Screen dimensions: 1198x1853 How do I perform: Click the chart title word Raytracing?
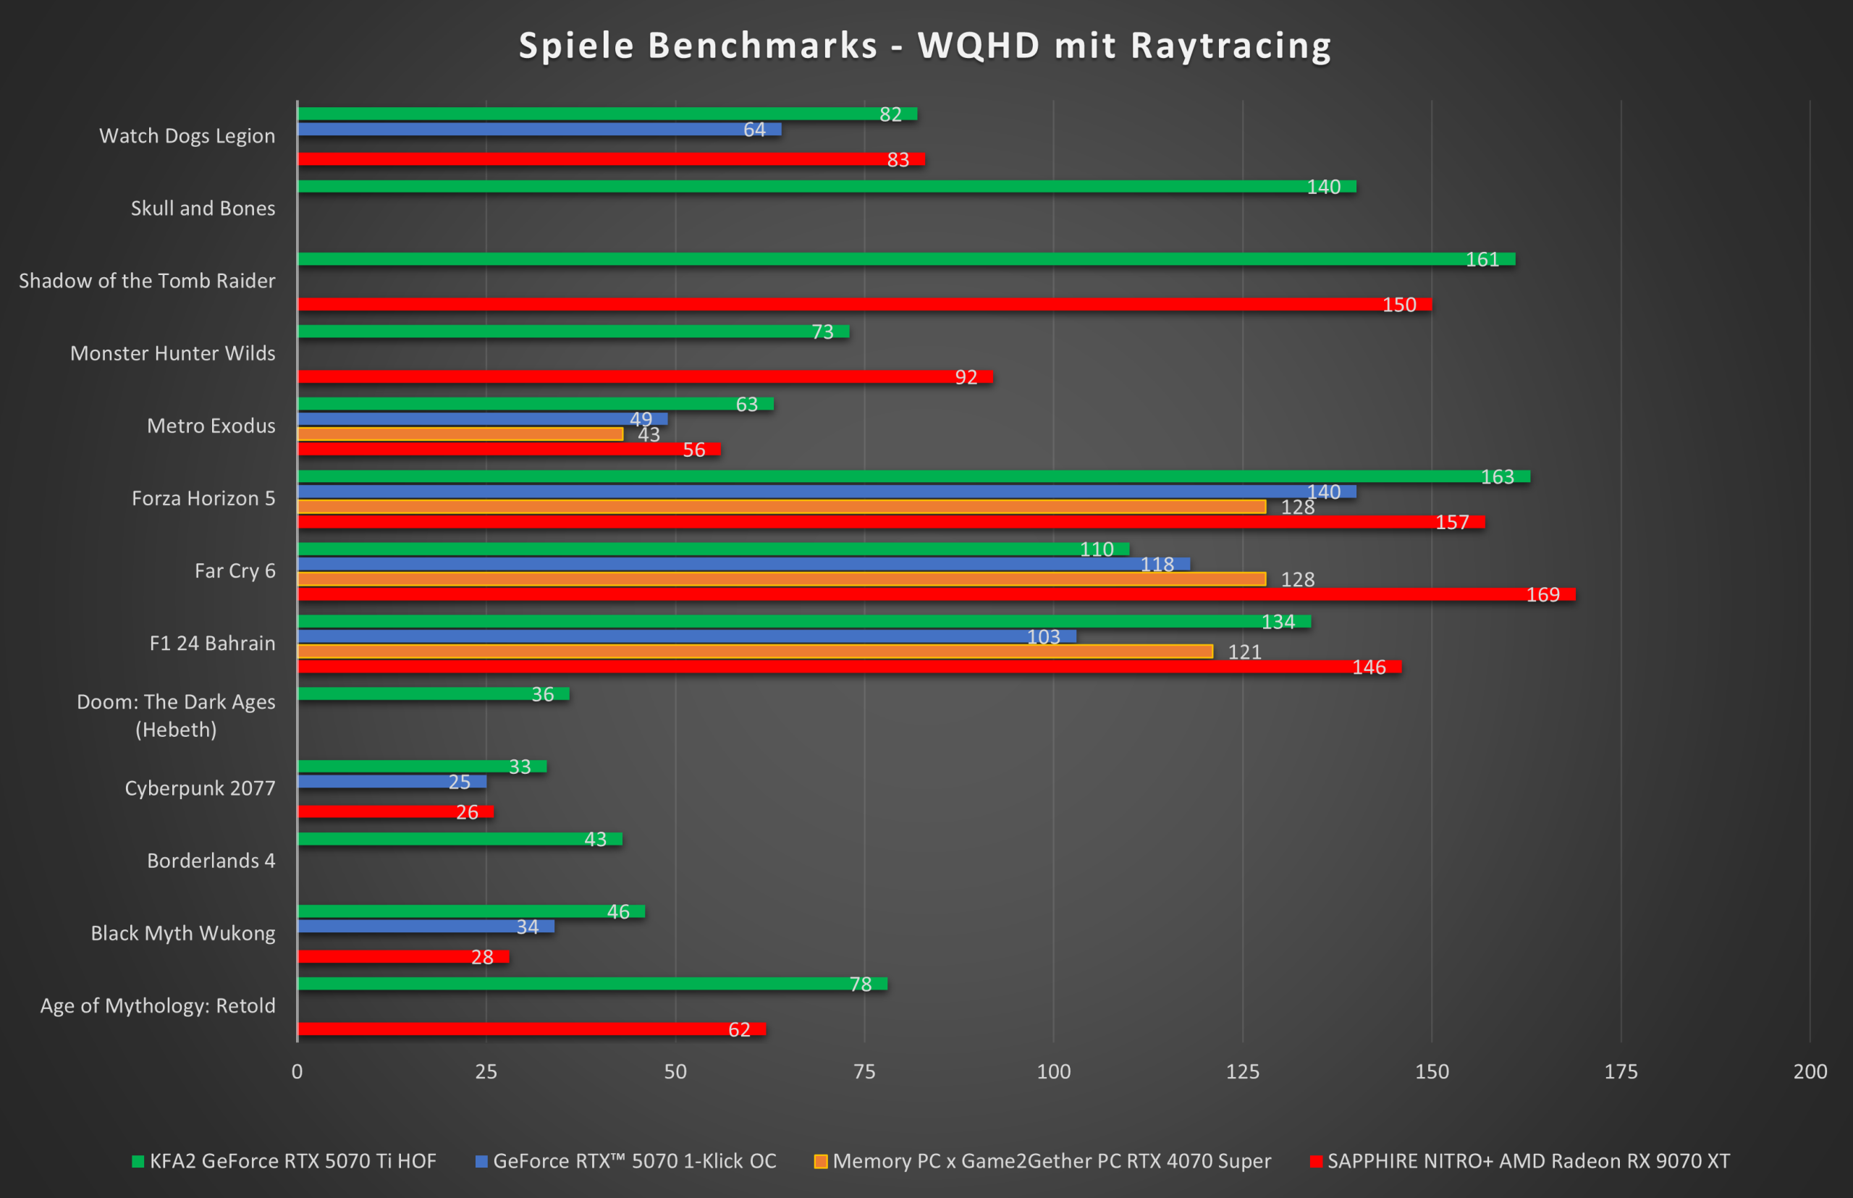1231,45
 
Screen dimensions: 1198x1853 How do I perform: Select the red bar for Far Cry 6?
934,594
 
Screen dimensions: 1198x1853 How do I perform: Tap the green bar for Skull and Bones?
824,187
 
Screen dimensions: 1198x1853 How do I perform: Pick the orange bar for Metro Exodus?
460,434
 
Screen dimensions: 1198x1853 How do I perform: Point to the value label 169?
1542,594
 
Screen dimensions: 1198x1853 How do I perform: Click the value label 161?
1482,259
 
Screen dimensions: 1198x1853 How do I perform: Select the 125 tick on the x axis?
1242,1071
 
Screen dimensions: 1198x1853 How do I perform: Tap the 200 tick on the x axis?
1810,1071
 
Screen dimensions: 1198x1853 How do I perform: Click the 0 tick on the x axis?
297,1071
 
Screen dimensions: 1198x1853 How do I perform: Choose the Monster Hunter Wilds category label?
173,353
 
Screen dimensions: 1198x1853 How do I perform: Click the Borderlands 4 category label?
211,861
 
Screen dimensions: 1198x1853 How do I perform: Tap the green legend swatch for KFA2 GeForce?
138,1161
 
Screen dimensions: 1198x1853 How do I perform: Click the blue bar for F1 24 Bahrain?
685,636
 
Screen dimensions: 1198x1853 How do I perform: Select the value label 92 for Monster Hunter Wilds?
966,377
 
